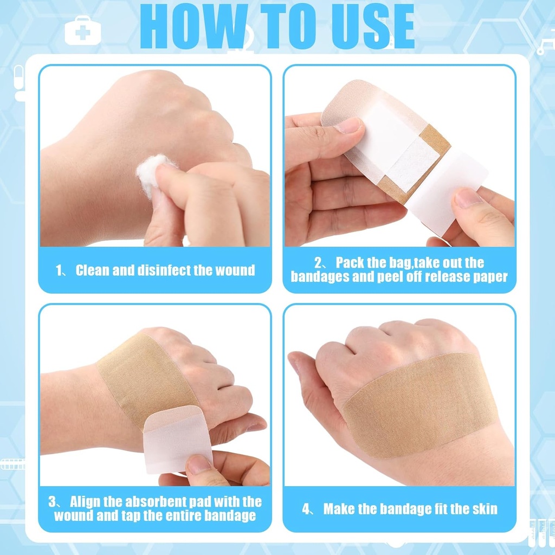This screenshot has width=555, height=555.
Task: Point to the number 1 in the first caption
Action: tap(60, 270)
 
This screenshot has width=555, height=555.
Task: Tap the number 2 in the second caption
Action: tap(318, 263)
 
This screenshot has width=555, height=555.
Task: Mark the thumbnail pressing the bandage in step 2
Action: tap(347, 126)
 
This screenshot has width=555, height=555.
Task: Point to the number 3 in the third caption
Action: tap(52, 502)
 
